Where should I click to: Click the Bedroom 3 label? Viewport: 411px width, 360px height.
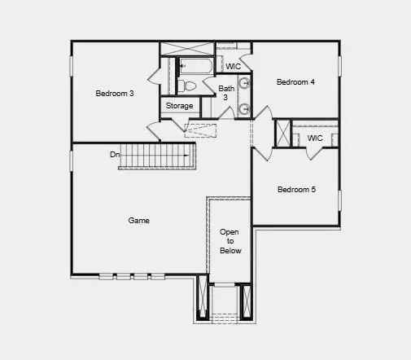(115, 94)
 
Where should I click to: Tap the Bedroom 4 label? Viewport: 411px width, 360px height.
(295, 82)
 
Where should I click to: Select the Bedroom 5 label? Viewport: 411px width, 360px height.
(296, 190)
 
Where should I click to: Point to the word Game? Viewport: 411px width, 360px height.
(138, 220)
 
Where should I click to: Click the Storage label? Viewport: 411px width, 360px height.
(179, 106)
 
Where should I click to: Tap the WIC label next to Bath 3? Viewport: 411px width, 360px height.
(233, 66)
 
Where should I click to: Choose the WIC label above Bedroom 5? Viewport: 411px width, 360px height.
(314, 138)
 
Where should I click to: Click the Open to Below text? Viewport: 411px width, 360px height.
(230, 241)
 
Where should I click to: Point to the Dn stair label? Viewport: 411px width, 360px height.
(116, 154)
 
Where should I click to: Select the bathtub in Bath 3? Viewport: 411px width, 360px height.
(195, 64)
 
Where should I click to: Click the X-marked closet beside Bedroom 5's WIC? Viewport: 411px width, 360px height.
(282, 134)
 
